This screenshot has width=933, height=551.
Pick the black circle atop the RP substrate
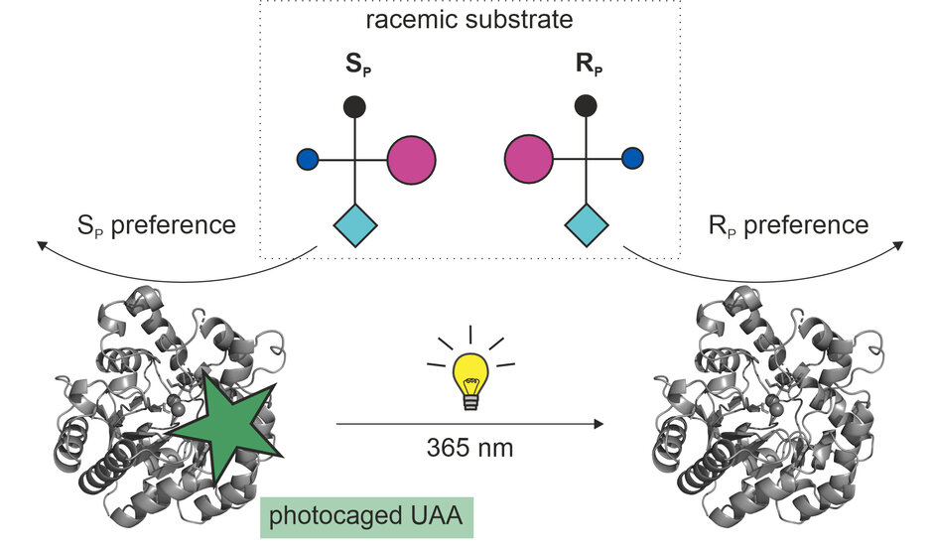coord(586,104)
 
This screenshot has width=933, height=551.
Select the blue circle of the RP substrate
coord(632,159)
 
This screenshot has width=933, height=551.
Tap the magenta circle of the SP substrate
coord(411,159)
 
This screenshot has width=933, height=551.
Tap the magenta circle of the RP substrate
coord(529,159)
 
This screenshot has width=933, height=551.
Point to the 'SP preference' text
coord(157,225)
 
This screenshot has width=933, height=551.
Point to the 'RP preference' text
coord(789,225)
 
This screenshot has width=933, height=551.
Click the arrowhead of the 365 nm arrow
coord(598,424)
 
